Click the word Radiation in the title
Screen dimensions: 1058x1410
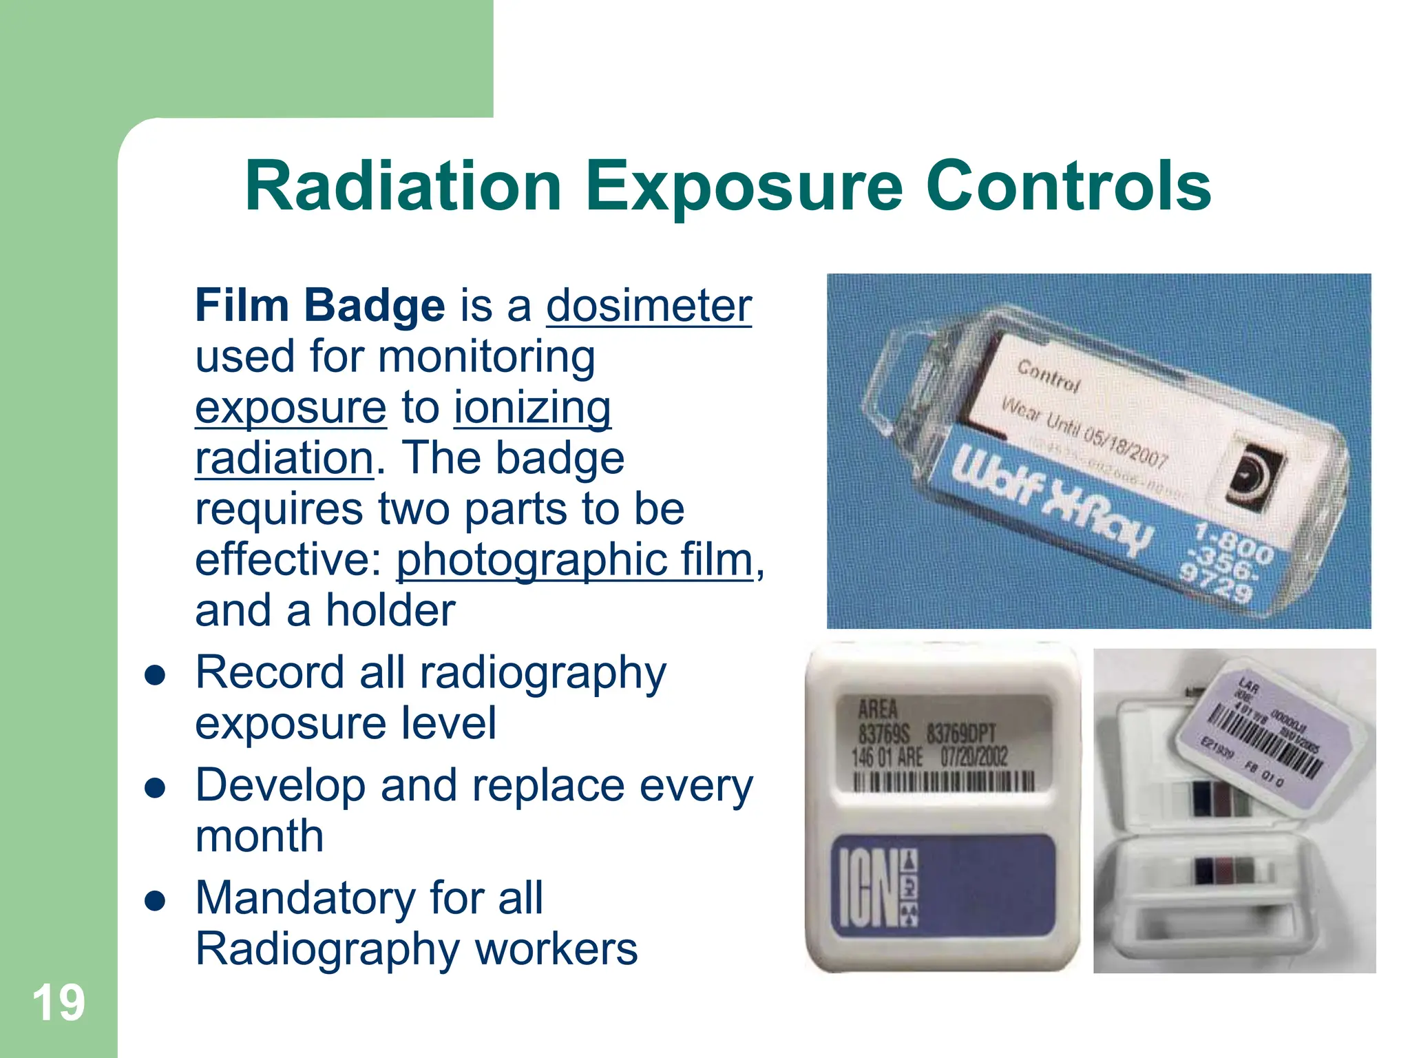tap(403, 187)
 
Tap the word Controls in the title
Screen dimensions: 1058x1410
tap(1069, 187)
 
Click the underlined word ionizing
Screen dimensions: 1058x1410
tap(532, 407)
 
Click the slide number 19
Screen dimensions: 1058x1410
tap(59, 1003)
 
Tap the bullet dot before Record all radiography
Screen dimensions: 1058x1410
tap(156, 676)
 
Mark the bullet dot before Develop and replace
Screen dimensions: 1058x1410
tap(156, 788)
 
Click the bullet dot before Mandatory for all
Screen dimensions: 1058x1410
tap(156, 901)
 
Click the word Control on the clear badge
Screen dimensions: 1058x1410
tap(1049, 376)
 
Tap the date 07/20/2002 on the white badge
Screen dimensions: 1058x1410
tap(974, 756)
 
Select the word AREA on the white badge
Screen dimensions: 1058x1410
tap(878, 708)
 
